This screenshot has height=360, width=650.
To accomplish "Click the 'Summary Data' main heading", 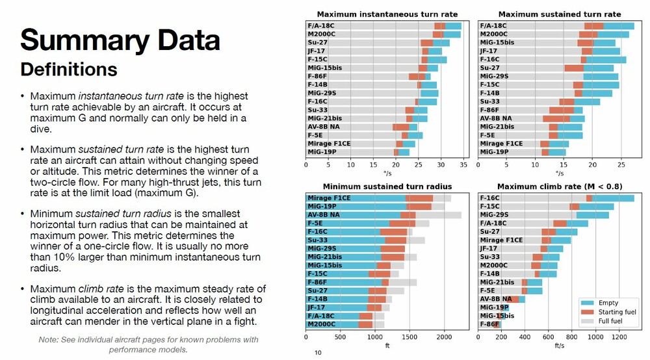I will pyautogui.click(x=120, y=40).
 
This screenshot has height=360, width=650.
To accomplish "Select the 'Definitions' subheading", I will pyautogui.click(x=69, y=69).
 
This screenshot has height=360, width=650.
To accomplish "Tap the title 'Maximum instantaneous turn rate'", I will pyautogui.click(x=387, y=14).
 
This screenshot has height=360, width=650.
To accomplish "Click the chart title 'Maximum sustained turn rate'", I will pyautogui.click(x=559, y=14).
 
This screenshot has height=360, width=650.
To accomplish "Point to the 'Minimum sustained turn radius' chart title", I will pyautogui.click(x=387, y=186).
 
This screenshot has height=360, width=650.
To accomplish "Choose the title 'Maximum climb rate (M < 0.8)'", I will pyautogui.click(x=559, y=186).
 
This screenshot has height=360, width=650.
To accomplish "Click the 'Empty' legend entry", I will pyautogui.click(x=608, y=303).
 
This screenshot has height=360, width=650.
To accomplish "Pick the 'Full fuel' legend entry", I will pyautogui.click(x=613, y=321).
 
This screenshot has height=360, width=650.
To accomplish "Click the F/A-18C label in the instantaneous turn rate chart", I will pyautogui.click(x=319, y=26).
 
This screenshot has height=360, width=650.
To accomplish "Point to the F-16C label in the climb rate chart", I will pyautogui.click(x=490, y=198).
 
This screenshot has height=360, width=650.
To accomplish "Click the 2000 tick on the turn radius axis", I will pyautogui.click(x=444, y=338).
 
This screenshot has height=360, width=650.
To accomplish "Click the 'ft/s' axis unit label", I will pyautogui.click(x=559, y=346).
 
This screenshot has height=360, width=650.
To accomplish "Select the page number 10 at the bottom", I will pyautogui.click(x=318, y=353).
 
